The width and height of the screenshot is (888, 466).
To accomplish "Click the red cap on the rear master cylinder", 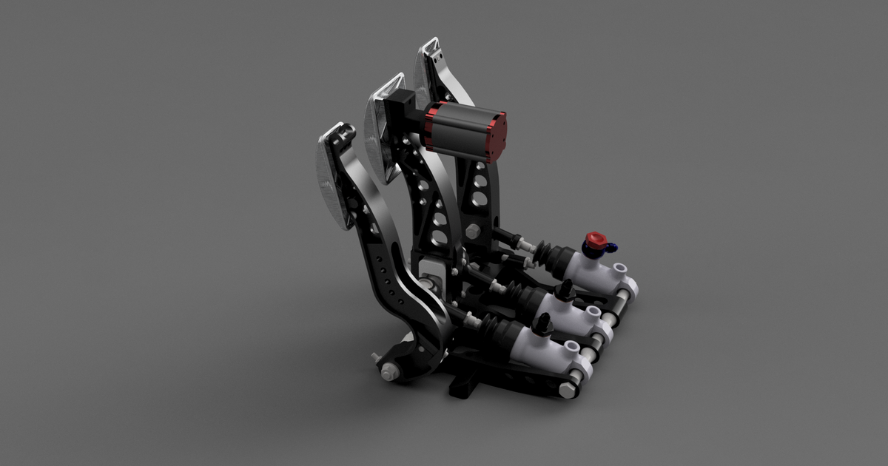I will tap(594, 240).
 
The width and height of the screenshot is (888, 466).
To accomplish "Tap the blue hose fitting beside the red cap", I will tap(612, 249).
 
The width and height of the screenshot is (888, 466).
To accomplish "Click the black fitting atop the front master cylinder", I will tap(543, 323).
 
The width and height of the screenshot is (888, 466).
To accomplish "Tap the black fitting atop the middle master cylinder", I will tap(564, 291).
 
